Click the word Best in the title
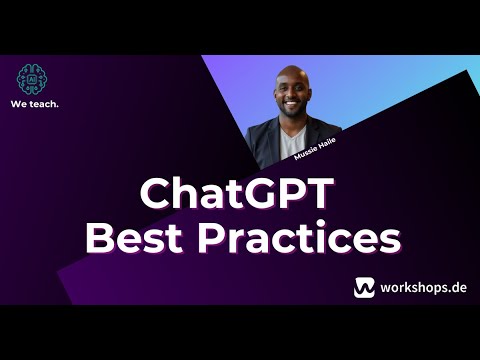click(133, 239)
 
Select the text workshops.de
click(419, 288)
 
